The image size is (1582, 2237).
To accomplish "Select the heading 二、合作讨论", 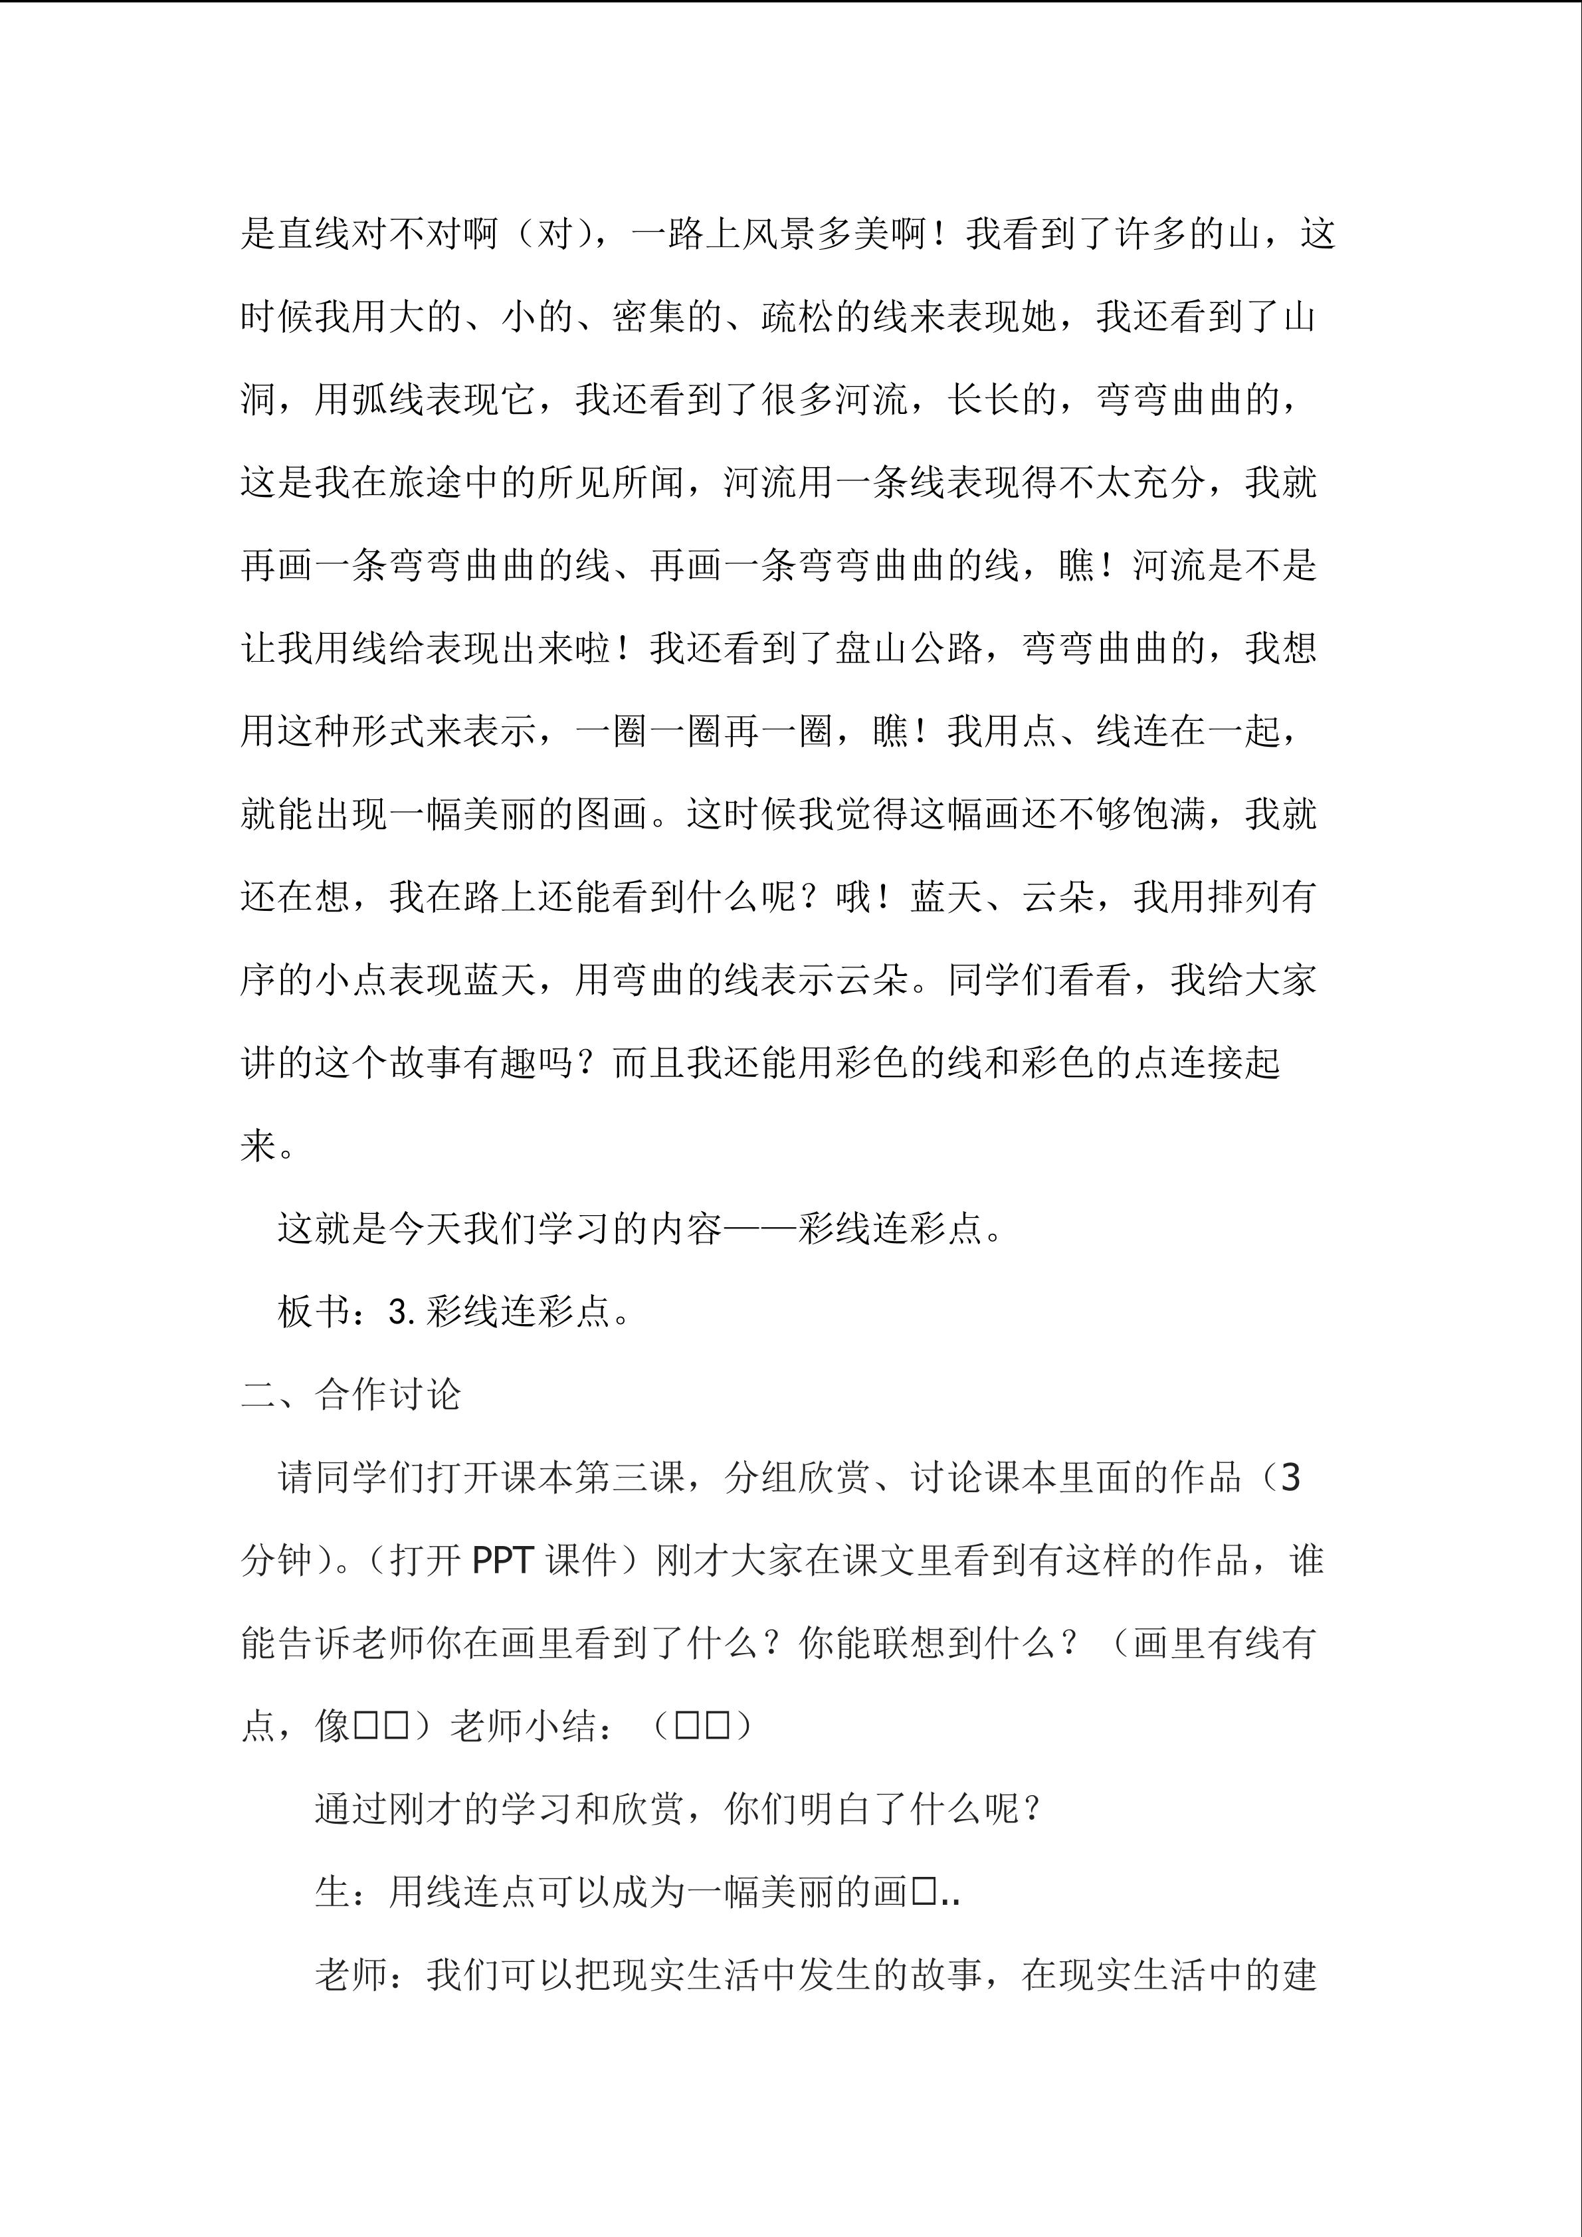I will pos(351,1395).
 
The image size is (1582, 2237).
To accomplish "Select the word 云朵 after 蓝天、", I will pos(1058,896).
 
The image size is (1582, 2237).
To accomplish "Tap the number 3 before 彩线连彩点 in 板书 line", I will pos(399,1312).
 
